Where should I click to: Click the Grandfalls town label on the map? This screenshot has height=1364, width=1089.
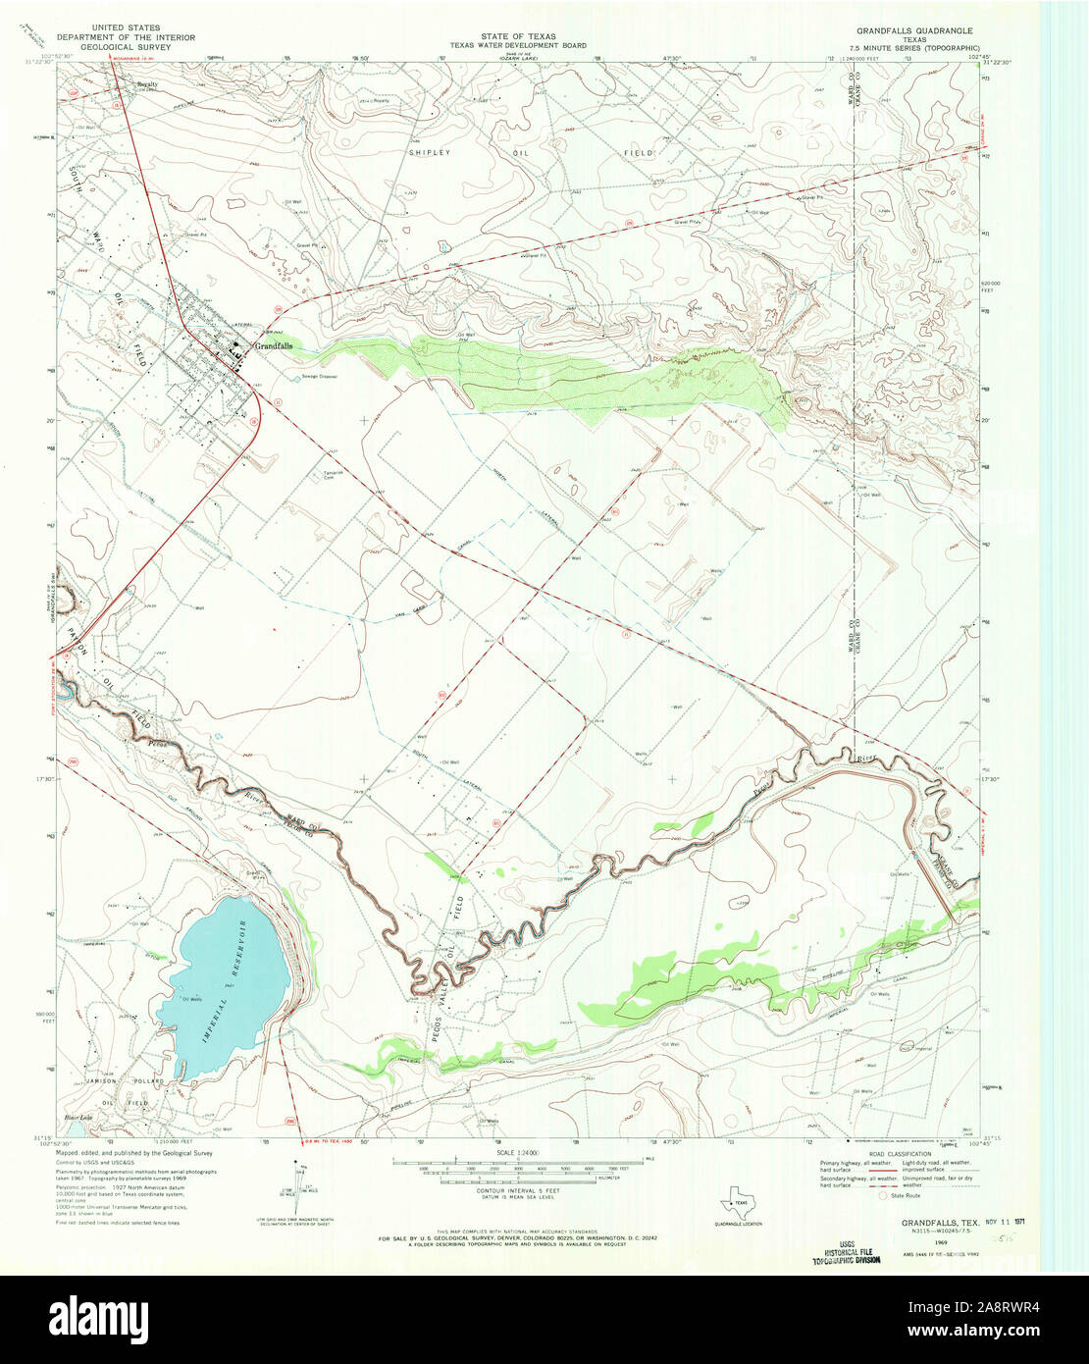click(273, 346)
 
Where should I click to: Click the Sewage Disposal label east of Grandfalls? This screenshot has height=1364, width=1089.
click(320, 376)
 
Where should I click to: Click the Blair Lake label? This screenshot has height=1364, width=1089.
click(78, 1117)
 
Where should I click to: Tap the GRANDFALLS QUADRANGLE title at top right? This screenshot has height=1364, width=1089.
click(912, 30)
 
